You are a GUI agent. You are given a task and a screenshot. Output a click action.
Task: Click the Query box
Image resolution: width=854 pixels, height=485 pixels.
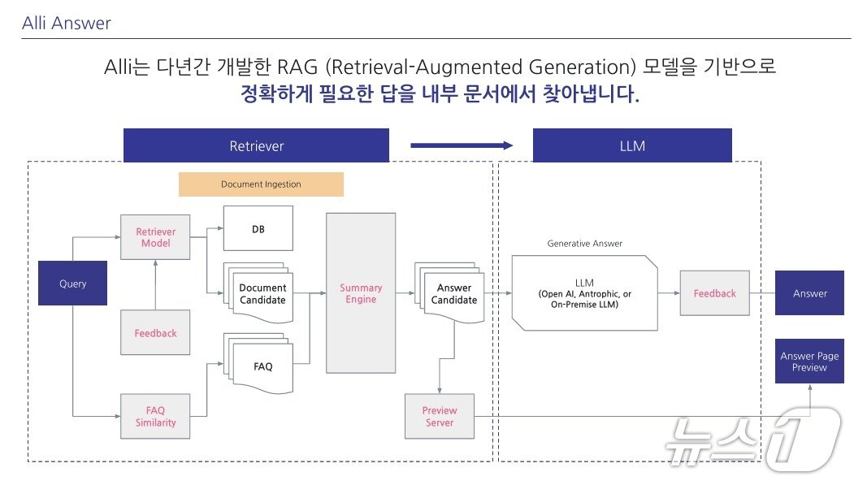pyautogui.click(x=72, y=283)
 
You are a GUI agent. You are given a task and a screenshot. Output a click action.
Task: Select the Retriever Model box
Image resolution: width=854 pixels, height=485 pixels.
pyautogui.click(x=154, y=237)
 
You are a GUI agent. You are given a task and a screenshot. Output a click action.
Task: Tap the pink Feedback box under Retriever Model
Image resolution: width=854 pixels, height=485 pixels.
pyautogui.click(x=154, y=332)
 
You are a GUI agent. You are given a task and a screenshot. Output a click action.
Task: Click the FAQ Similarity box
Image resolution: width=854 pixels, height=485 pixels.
pyautogui.click(x=154, y=416)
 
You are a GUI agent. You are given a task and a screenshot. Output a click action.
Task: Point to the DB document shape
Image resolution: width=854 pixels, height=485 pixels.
pyautogui.click(x=258, y=230)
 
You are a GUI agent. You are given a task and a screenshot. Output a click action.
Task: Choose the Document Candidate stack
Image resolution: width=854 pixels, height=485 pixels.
pyautogui.click(x=262, y=293)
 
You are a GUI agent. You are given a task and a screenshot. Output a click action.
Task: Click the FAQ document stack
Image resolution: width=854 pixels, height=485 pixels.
pyautogui.click(x=262, y=366)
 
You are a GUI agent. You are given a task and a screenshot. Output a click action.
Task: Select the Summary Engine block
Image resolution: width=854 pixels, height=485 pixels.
pyautogui.click(x=361, y=293)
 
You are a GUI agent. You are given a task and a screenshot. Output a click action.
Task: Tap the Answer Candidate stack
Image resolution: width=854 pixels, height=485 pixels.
pyautogui.click(x=453, y=293)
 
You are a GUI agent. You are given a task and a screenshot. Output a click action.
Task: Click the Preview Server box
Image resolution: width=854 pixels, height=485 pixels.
pyautogui.click(x=439, y=416)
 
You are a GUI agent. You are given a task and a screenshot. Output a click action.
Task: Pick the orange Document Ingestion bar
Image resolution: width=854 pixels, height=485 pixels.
pyautogui.click(x=261, y=184)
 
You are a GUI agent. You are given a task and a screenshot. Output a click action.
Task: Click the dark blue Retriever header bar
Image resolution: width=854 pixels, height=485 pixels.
pyautogui.click(x=256, y=145)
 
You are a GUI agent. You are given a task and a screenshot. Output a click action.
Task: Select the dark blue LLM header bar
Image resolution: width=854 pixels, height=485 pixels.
pyautogui.click(x=631, y=145)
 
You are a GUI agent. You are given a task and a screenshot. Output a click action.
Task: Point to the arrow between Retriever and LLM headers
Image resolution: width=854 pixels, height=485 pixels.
pyautogui.click(x=462, y=145)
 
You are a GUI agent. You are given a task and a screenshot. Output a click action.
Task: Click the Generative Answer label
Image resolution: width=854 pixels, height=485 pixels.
pyautogui.click(x=584, y=243)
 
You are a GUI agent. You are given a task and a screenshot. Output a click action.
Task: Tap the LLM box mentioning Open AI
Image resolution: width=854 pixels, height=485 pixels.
pyautogui.click(x=584, y=293)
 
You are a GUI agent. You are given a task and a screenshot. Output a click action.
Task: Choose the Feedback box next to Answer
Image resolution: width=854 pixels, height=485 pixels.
pyautogui.click(x=714, y=293)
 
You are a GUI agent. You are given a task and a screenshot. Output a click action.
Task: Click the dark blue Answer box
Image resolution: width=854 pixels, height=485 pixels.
pyautogui.click(x=809, y=293)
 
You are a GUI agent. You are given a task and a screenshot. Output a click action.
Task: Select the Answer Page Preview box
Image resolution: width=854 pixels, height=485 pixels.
pyautogui.click(x=809, y=362)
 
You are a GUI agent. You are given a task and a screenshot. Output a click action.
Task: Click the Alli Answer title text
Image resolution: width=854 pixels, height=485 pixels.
pyautogui.click(x=67, y=23)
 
